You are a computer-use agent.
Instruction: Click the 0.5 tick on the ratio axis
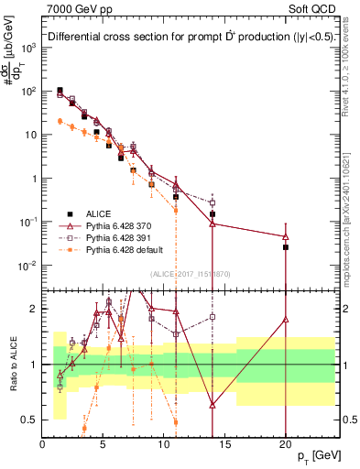pyautogui.click(x=29, y=420)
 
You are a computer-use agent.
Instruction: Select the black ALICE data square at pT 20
pyautogui.click(x=286, y=247)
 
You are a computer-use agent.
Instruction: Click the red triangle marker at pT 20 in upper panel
pyautogui.click(x=286, y=236)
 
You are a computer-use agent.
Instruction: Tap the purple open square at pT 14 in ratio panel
pyautogui.click(x=213, y=317)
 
